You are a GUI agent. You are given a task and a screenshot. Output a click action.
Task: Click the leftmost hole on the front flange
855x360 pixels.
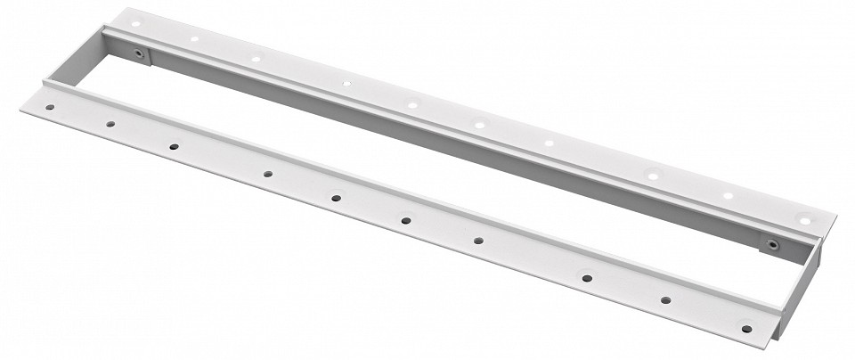tap(50, 108)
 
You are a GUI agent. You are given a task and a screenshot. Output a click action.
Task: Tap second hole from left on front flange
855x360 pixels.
tap(110, 126)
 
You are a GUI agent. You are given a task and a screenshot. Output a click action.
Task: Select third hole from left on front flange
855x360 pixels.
tap(174, 146)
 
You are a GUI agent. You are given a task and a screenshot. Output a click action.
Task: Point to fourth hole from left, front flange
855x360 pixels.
tap(267, 174)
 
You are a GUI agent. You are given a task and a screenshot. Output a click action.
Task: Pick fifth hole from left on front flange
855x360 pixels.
tap(336, 197)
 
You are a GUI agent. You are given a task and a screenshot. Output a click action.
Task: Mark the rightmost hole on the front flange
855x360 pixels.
tap(746, 329)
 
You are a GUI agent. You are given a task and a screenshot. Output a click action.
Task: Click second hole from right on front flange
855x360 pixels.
tap(664, 301)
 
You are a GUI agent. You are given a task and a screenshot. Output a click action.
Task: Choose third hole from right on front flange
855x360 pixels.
tap(588, 278)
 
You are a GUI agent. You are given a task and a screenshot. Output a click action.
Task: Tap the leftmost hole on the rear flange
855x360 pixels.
tap(135, 23)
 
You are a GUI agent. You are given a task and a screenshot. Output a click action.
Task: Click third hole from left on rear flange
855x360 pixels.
tap(256, 58)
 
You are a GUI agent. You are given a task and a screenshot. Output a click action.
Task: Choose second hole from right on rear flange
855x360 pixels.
tap(728, 196)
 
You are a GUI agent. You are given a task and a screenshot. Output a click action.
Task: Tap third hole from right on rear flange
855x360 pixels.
tap(653, 176)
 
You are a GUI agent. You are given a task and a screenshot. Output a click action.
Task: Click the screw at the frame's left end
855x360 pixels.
tap(139, 54)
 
